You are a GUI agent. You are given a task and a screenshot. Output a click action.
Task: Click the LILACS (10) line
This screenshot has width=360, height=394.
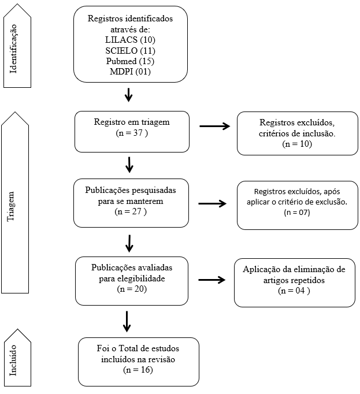(130, 40)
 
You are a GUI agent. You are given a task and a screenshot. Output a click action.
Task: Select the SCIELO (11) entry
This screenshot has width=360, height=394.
(130, 50)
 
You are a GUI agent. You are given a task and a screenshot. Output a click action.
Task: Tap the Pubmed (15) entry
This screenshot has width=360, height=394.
(130, 61)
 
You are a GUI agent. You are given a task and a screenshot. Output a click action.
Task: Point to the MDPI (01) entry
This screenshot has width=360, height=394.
(130, 72)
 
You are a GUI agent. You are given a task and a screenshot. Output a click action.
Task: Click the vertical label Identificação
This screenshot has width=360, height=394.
(13, 49)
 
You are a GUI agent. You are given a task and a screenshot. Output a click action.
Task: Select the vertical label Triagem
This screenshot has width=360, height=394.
(10, 206)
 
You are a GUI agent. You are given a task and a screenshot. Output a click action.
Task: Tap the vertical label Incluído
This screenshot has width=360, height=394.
(13, 360)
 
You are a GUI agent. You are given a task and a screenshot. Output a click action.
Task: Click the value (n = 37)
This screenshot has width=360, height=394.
(132, 133)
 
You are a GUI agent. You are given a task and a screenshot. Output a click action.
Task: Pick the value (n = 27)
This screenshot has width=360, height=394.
(131, 211)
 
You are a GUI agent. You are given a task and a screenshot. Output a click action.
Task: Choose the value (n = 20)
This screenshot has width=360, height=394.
(132, 289)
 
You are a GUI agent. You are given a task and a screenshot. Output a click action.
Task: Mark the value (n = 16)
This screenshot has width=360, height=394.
(138, 370)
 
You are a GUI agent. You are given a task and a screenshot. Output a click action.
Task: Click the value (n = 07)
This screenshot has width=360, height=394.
(297, 213)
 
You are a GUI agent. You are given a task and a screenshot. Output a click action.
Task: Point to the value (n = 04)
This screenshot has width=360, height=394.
(294, 291)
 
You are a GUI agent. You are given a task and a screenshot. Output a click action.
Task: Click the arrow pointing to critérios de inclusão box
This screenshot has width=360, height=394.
(215, 126)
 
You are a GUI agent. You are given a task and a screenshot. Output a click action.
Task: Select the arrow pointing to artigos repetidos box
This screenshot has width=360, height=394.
(212, 280)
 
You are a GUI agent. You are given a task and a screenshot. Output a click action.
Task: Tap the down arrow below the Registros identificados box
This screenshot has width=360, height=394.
(129, 95)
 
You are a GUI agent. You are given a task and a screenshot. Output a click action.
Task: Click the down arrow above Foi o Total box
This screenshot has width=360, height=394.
(127, 322)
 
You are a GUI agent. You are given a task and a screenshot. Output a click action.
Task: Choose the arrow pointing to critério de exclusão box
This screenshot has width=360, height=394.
(213, 203)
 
